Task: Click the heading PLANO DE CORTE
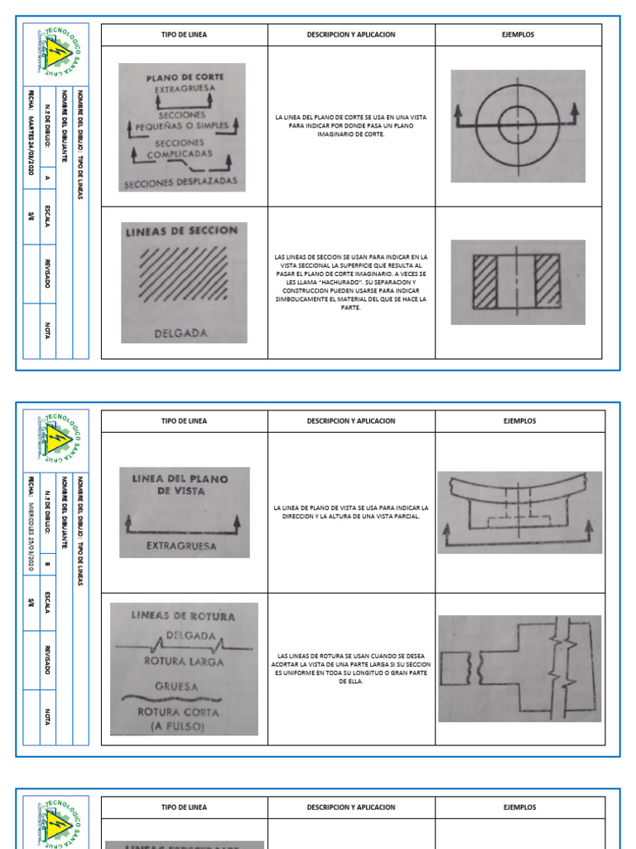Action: click(x=185, y=78)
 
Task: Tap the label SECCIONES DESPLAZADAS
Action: click(x=181, y=182)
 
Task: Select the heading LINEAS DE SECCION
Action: click(x=181, y=232)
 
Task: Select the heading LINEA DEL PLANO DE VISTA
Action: click(x=185, y=485)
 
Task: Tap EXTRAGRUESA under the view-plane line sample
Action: click(x=181, y=546)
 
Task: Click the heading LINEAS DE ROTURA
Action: click(x=183, y=616)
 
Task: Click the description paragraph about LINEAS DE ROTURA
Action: click(x=350, y=668)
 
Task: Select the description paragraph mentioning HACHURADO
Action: click(x=350, y=283)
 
